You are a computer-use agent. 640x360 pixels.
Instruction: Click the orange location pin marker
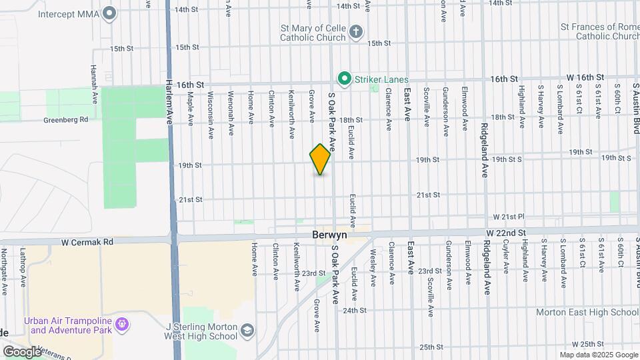pyautogui.click(x=320, y=159)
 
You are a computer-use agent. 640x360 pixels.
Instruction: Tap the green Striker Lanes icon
pyautogui.click(x=345, y=79)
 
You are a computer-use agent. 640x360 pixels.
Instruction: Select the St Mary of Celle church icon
pyautogui.click(x=357, y=31)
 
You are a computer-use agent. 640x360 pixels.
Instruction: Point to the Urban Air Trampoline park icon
pyautogui.click(x=121, y=325)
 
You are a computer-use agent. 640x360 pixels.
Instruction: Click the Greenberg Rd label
pyautogui.click(x=66, y=120)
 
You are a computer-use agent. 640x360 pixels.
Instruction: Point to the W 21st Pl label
pyautogui.click(x=510, y=217)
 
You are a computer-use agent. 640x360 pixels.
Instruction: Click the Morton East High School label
pyautogui.click(x=587, y=312)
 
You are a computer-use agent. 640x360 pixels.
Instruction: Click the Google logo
pyautogui.click(x=23, y=351)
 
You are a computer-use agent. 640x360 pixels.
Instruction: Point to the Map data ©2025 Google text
pyautogui.click(x=598, y=355)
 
